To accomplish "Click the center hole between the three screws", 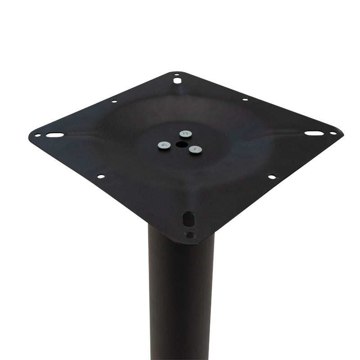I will pyautogui.click(x=180, y=144).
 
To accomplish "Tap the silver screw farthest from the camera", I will pyautogui.click(x=185, y=134).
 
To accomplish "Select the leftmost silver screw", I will pyautogui.click(x=164, y=145).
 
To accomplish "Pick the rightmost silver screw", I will pyautogui.click(x=195, y=149).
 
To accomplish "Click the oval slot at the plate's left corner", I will pyautogui.click(x=54, y=135).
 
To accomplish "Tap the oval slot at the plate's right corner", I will pyautogui.click(x=313, y=133).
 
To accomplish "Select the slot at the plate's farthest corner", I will pyautogui.click(x=178, y=81).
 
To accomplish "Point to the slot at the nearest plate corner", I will pyautogui.click(x=189, y=219).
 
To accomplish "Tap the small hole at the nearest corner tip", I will pyautogui.click(x=190, y=235).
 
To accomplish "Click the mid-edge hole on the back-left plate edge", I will pyautogui.click(x=114, y=101).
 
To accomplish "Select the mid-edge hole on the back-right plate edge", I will pyautogui.click(x=245, y=99).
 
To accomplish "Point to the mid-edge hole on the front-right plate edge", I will pyautogui.click(x=272, y=177).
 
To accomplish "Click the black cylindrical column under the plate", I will pyautogui.click(x=180, y=297).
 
